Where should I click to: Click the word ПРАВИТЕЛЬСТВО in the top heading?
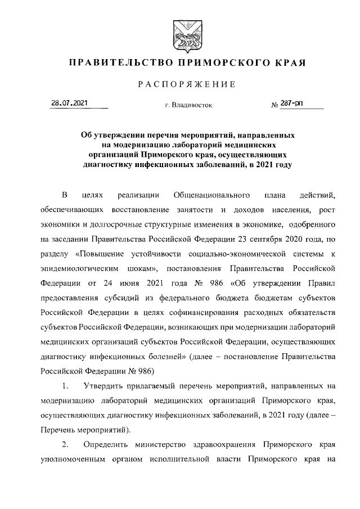(119, 62)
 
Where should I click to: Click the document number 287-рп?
(294, 103)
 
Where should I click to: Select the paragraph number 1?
(65, 385)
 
